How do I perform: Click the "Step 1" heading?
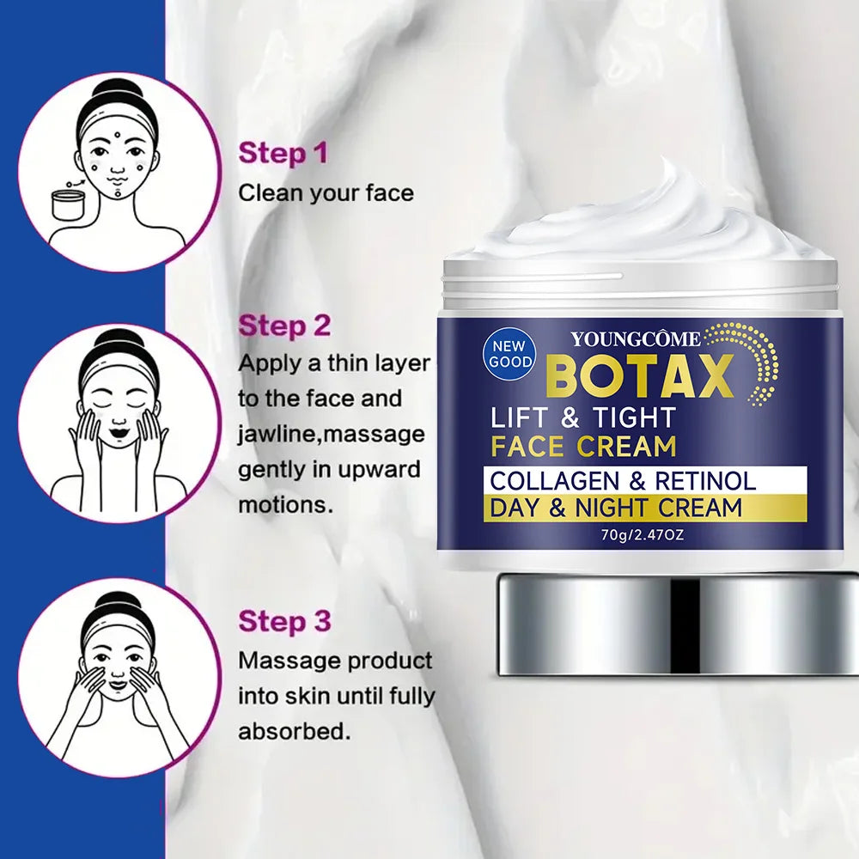point(283,155)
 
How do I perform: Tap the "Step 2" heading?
point(284,326)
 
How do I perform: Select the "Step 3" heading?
point(284,621)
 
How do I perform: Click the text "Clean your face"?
point(326,192)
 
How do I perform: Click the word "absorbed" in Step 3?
point(291,733)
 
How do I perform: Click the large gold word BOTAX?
point(638,375)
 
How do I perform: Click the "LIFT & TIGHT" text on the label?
point(582,417)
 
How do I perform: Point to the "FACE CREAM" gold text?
point(582,447)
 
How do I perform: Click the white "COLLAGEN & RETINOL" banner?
point(623,480)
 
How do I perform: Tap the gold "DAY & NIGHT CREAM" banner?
point(615,508)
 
